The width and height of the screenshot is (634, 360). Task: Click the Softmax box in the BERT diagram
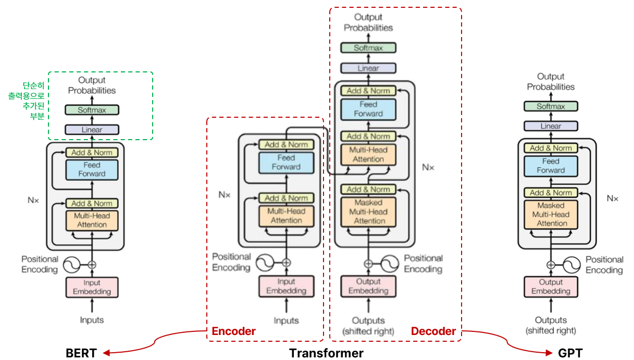pyautogui.click(x=92, y=110)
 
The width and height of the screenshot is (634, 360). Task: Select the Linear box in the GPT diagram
pyautogui.click(x=551, y=126)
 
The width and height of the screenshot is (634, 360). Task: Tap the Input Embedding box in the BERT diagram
pyautogui.click(x=92, y=287)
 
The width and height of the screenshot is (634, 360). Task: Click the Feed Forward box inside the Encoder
pyautogui.click(x=286, y=163)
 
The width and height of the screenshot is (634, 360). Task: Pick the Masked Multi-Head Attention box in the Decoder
pyautogui.click(x=368, y=212)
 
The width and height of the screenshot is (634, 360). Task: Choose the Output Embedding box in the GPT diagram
pyautogui.click(x=551, y=287)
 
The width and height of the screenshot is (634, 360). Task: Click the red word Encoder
pyautogui.click(x=233, y=331)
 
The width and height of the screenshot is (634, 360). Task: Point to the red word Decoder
pyautogui.click(x=433, y=331)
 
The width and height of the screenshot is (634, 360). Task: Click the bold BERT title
pyautogui.click(x=81, y=353)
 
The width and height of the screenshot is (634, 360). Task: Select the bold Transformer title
pyautogui.click(x=326, y=353)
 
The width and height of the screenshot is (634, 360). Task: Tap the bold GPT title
pyautogui.click(x=570, y=353)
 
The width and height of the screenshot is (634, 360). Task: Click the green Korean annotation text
pyautogui.click(x=27, y=101)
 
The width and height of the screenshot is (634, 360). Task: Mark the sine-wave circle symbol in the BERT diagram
pyautogui.click(x=71, y=265)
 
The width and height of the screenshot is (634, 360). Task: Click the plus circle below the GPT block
pyautogui.click(x=551, y=265)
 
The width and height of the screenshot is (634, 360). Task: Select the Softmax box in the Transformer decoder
pyautogui.click(x=368, y=48)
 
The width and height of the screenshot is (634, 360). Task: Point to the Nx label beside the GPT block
pyautogui.click(x=613, y=198)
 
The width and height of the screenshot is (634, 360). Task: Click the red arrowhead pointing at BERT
pyautogui.click(x=106, y=353)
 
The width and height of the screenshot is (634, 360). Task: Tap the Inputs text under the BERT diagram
pyautogui.click(x=92, y=320)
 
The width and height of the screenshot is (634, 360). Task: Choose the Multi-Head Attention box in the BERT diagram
pyautogui.click(x=92, y=220)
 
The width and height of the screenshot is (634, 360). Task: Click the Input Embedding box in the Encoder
pyautogui.click(x=286, y=286)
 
